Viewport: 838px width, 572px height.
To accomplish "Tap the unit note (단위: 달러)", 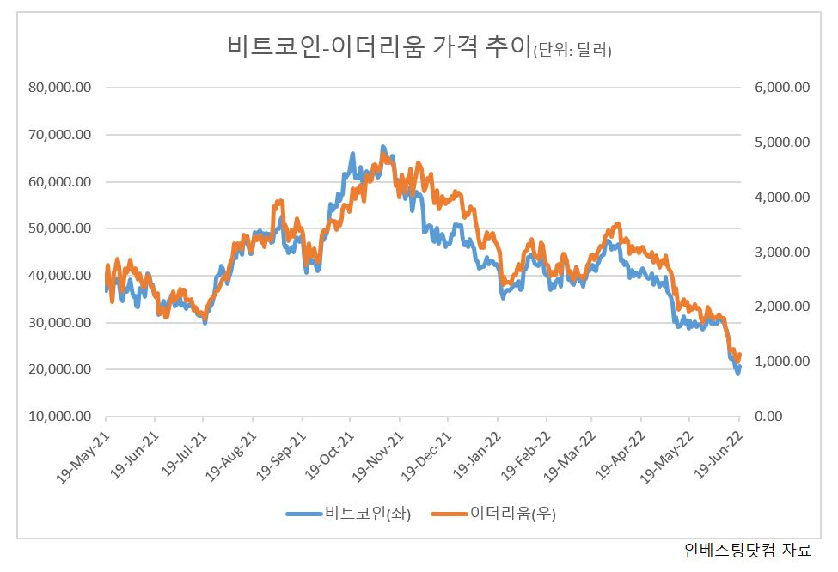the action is point(572,50).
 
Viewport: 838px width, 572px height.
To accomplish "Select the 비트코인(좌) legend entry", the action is point(348,514).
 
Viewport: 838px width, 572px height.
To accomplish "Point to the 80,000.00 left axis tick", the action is point(60,87).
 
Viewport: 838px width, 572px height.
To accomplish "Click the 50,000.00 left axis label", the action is point(60,228).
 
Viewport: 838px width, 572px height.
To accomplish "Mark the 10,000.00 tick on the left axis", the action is point(60,416).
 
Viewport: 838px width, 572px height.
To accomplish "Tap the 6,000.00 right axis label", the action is point(782,87).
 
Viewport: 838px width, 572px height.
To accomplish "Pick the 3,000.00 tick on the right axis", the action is point(782,252).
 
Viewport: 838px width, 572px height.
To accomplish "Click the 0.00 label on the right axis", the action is point(768,416).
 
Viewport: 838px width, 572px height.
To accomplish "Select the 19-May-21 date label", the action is point(83,457).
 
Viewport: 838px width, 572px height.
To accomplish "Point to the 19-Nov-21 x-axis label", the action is point(377,457).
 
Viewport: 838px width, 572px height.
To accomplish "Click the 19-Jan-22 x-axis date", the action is point(477,455).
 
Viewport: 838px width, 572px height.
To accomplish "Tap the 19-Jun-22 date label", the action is point(718,455).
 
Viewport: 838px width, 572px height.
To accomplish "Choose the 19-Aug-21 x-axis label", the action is point(231,457).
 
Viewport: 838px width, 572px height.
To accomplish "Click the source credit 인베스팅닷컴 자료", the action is point(748,550).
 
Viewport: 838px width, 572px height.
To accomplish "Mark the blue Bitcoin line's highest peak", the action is point(382,146).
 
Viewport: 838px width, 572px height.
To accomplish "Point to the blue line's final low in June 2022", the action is point(737,374).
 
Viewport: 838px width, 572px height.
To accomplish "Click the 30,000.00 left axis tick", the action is point(60,322).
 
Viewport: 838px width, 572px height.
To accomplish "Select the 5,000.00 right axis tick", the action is point(782,142).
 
